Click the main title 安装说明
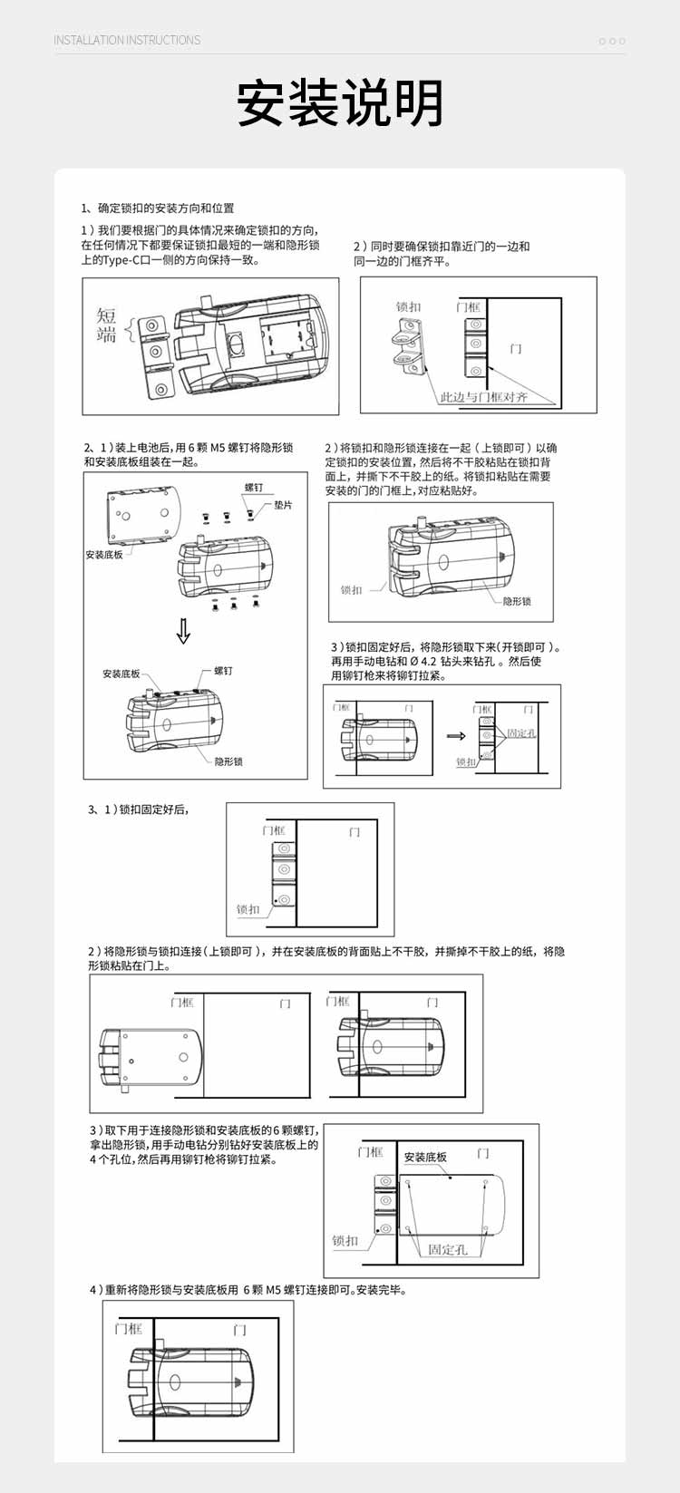click(x=340, y=103)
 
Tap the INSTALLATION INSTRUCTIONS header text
click(x=127, y=41)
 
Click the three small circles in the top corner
click(x=612, y=42)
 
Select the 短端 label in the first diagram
click(x=107, y=325)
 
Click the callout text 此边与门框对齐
click(x=483, y=397)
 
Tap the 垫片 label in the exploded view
click(x=283, y=505)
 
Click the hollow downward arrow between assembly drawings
click(x=183, y=631)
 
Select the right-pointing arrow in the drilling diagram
click(x=456, y=735)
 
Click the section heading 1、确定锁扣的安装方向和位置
click(x=158, y=208)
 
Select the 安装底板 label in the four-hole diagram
click(x=425, y=1157)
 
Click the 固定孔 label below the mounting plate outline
click(x=447, y=1249)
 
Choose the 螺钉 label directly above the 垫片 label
click(x=253, y=488)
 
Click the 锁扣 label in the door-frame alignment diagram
click(x=408, y=307)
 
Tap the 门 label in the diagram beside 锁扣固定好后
click(x=355, y=831)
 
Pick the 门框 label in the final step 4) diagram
click(x=128, y=1328)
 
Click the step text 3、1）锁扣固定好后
click(x=138, y=810)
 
